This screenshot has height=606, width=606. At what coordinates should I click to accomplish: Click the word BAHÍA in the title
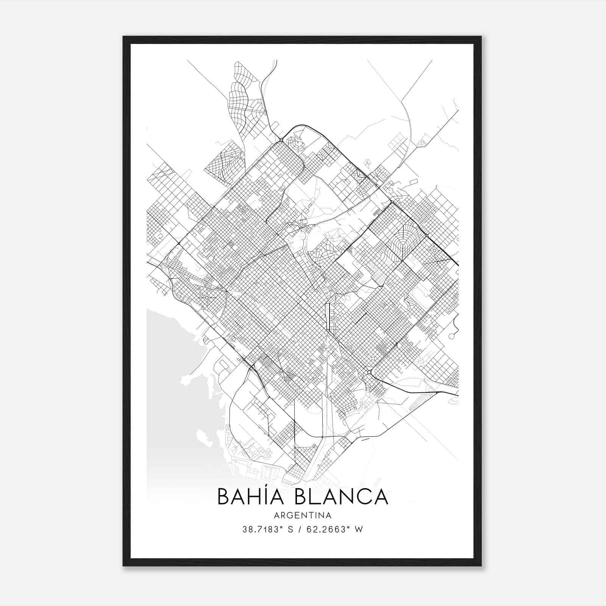(251, 497)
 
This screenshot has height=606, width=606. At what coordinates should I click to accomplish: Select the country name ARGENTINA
(303, 515)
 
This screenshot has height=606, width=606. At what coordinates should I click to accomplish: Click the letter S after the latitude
(291, 529)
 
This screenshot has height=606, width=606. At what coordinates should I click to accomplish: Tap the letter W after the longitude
(359, 529)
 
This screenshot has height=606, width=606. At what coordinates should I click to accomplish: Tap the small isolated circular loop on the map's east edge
(451, 336)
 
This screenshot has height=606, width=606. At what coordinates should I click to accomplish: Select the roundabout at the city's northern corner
(281, 141)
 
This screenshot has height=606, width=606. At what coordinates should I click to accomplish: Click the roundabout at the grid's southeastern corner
(369, 373)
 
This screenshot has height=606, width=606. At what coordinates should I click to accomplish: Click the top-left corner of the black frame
(124, 37)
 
